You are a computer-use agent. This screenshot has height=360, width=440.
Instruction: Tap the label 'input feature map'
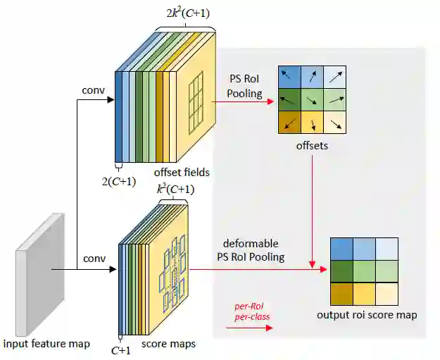point(46,344)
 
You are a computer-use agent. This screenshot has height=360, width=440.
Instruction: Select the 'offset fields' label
point(182,172)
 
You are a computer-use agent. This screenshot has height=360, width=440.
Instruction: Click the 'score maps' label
point(168,344)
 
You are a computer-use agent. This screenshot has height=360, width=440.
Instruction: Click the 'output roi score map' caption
point(367,314)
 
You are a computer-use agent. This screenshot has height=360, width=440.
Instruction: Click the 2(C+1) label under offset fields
point(119,180)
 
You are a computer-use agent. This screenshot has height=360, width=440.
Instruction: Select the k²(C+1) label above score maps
point(175,189)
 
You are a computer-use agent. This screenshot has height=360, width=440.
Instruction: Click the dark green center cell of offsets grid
point(313,99)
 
